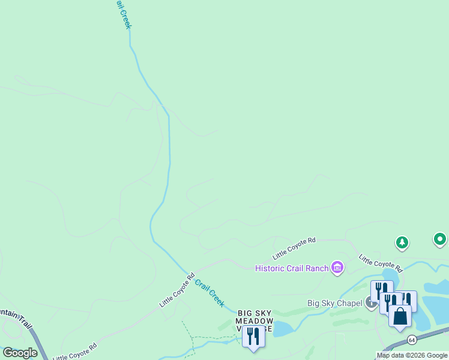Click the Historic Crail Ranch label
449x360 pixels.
[291, 268]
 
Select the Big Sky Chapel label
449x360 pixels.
[335, 303]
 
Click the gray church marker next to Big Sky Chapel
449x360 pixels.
[370, 303]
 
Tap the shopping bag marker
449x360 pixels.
[400, 316]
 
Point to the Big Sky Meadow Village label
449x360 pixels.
[255, 320]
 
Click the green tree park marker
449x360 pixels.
[402, 243]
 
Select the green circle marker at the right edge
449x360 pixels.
[440, 240]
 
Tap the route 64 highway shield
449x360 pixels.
[411, 340]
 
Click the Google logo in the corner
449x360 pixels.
[20, 353]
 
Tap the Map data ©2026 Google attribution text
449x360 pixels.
[412, 355]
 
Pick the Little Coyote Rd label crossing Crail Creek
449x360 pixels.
[177, 291]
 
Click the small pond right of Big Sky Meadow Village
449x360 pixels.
[282, 328]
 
